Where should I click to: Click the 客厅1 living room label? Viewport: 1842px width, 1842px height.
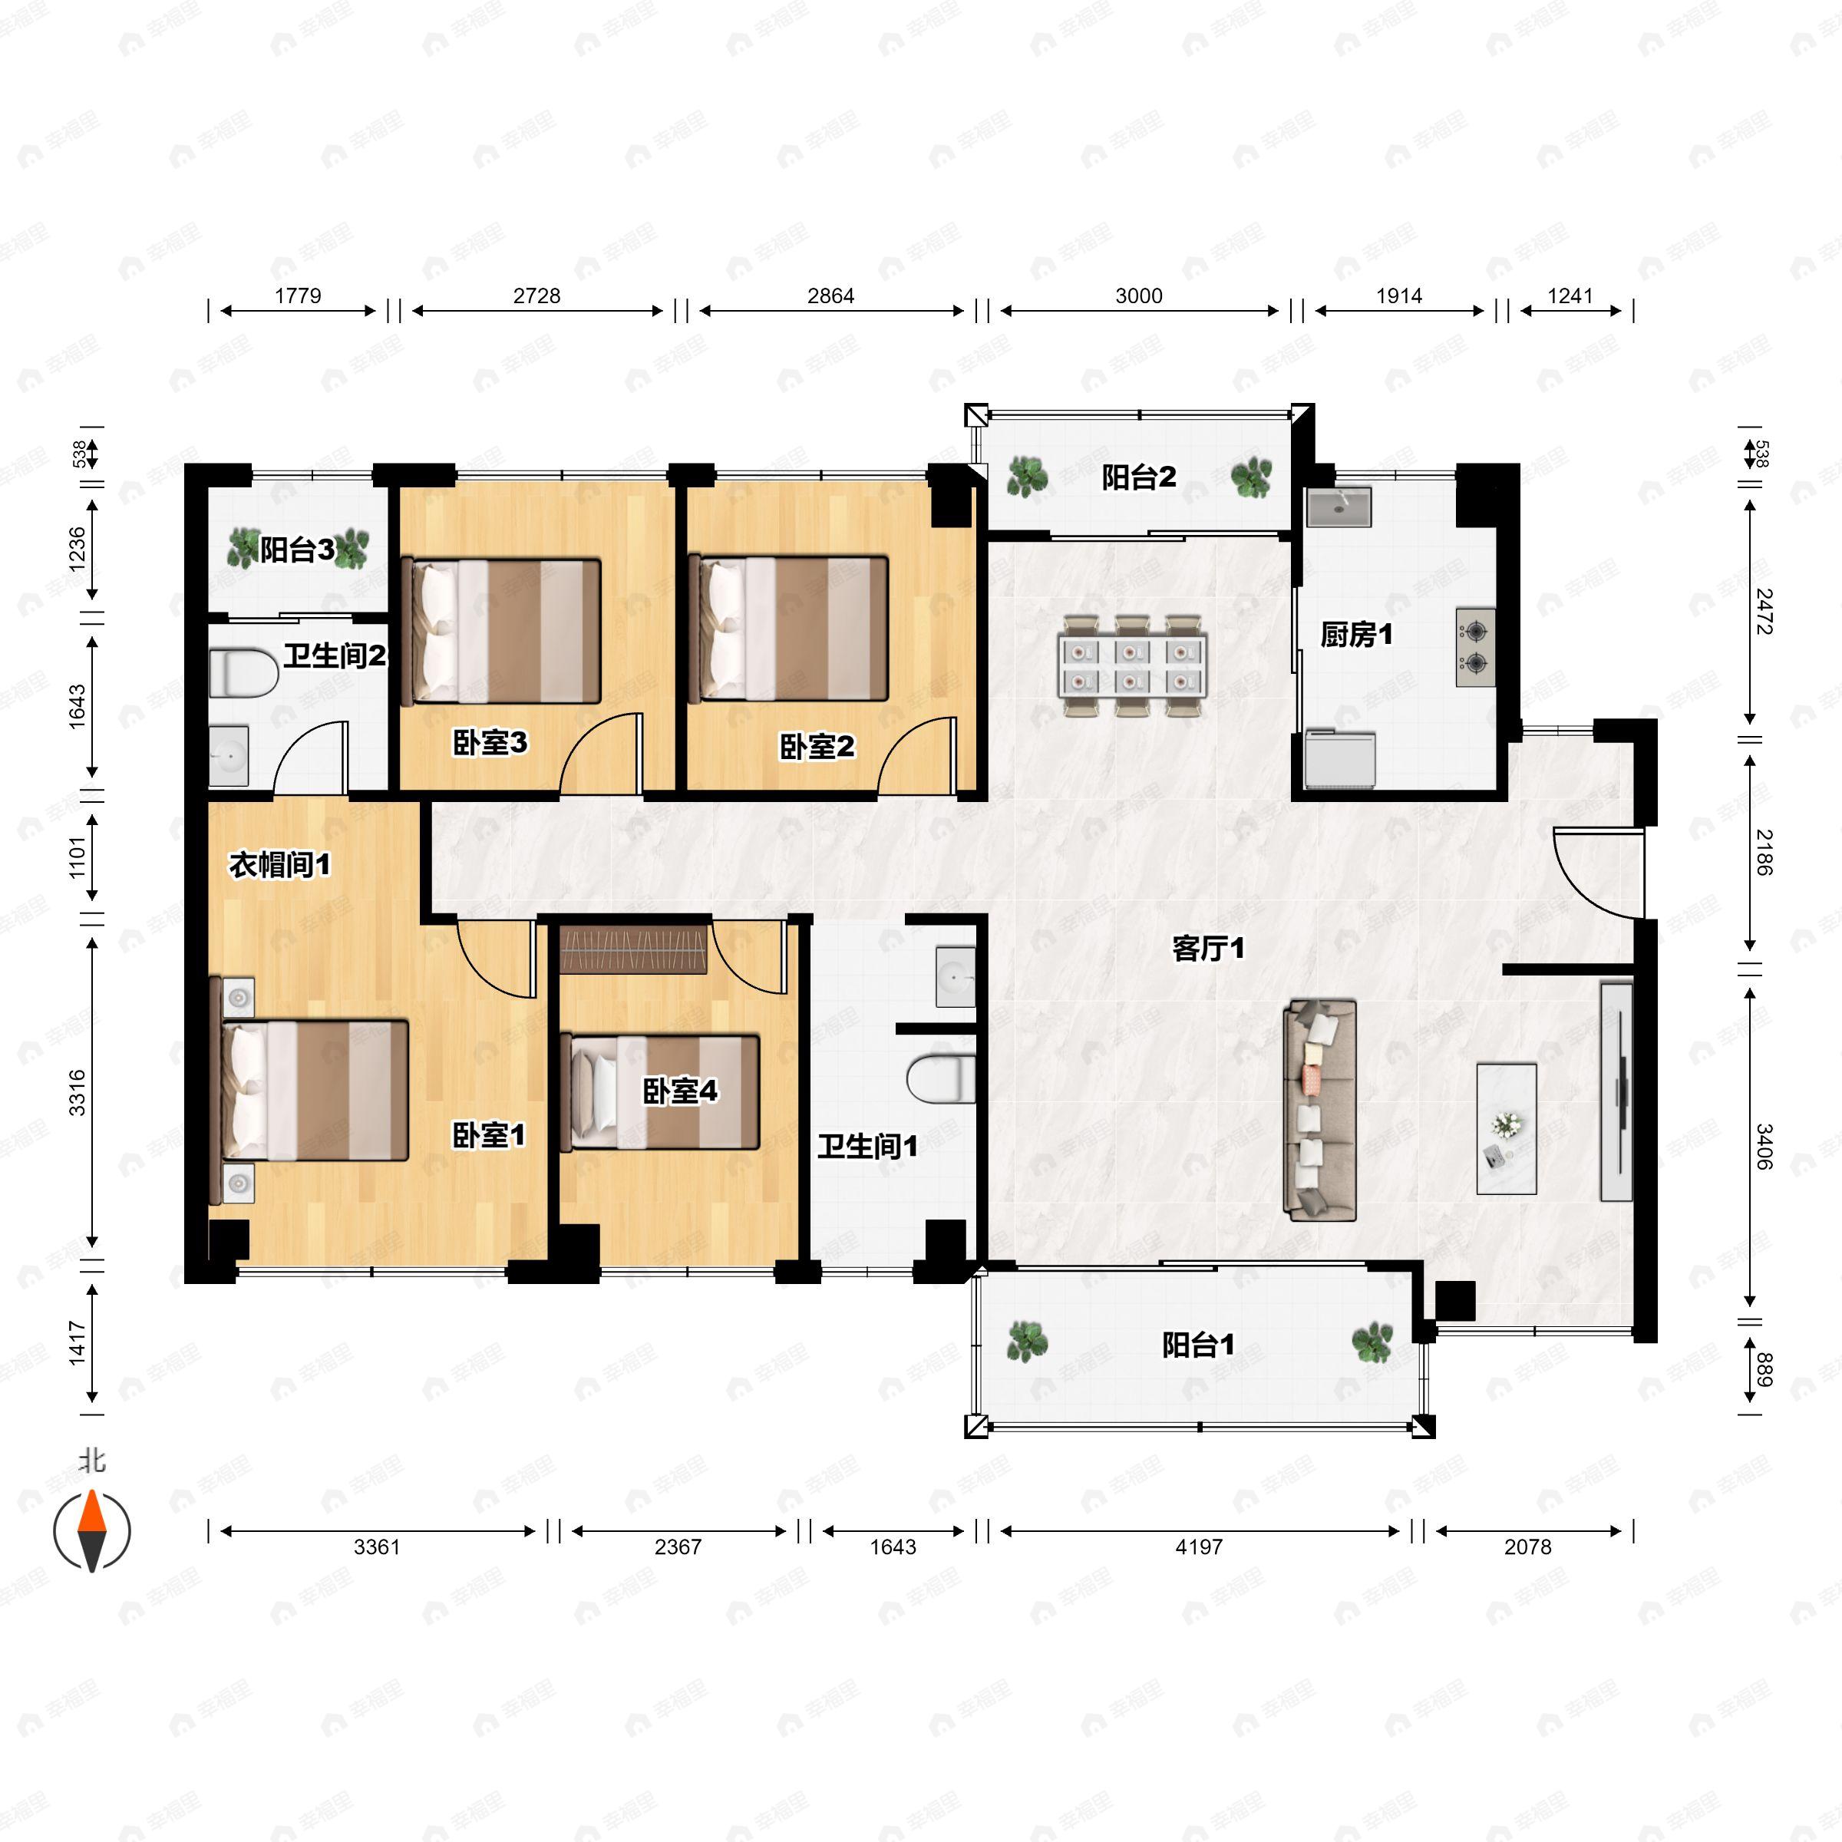click(1208, 949)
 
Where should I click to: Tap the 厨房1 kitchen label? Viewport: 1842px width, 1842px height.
click(1355, 634)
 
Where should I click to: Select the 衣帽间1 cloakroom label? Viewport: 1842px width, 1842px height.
click(279, 865)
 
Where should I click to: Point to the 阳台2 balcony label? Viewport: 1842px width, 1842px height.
click(1138, 477)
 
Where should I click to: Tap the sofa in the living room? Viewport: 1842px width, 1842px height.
click(1320, 1110)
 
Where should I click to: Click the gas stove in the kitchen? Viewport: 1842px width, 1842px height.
click(1475, 647)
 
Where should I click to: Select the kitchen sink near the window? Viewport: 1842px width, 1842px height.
click(1339, 507)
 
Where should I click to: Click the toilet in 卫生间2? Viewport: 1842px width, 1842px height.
click(243, 673)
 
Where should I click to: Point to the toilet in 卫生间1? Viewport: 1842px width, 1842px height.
click(941, 1079)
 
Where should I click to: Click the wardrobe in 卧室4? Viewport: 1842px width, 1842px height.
click(635, 949)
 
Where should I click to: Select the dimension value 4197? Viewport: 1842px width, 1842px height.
click(1198, 1547)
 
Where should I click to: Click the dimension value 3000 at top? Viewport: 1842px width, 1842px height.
click(1138, 295)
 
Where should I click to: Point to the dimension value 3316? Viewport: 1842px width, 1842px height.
click(78, 1093)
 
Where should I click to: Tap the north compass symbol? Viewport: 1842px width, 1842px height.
click(91, 1531)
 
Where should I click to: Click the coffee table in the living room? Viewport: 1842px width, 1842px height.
click(1507, 1129)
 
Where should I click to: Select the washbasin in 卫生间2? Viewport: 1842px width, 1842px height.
click(229, 757)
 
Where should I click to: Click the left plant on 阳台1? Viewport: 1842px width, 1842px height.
click(1028, 1341)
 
